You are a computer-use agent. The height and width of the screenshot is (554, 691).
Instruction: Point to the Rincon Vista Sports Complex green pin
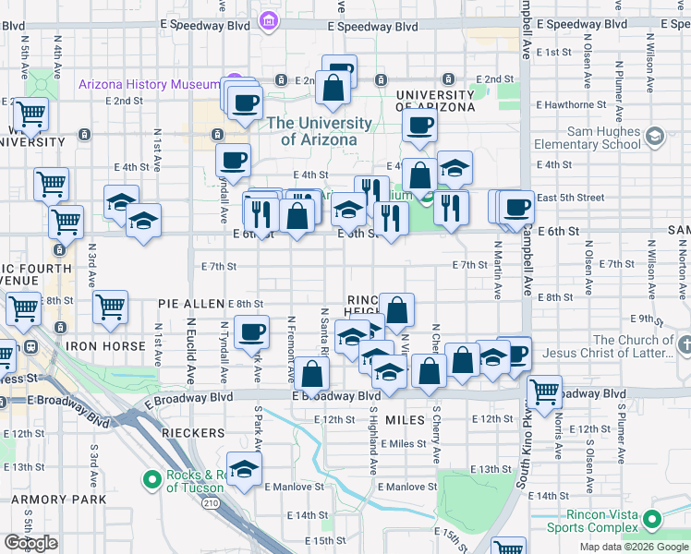pyautogui.click(x=653, y=520)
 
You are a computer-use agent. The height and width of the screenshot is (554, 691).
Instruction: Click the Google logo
pyautogui.click(x=30, y=542)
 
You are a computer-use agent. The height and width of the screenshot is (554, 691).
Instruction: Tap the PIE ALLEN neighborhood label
pyautogui.click(x=191, y=304)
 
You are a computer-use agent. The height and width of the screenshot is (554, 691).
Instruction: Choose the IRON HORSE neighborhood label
pyautogui.click(x=105, y=346)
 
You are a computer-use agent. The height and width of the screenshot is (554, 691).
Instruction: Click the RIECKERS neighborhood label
pyautogui.click(x=193, y=432)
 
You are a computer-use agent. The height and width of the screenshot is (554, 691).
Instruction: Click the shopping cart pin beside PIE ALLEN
pyautogui.click(x=110, y=307)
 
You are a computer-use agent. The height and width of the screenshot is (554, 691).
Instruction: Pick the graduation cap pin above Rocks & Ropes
pyautogui.click(x=244, y=468)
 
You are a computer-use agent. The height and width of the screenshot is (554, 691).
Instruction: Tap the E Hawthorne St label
pyautogui.click(x=575, y=105)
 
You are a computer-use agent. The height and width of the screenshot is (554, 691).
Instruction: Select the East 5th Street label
pyautogui.click(x=570, y=198)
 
